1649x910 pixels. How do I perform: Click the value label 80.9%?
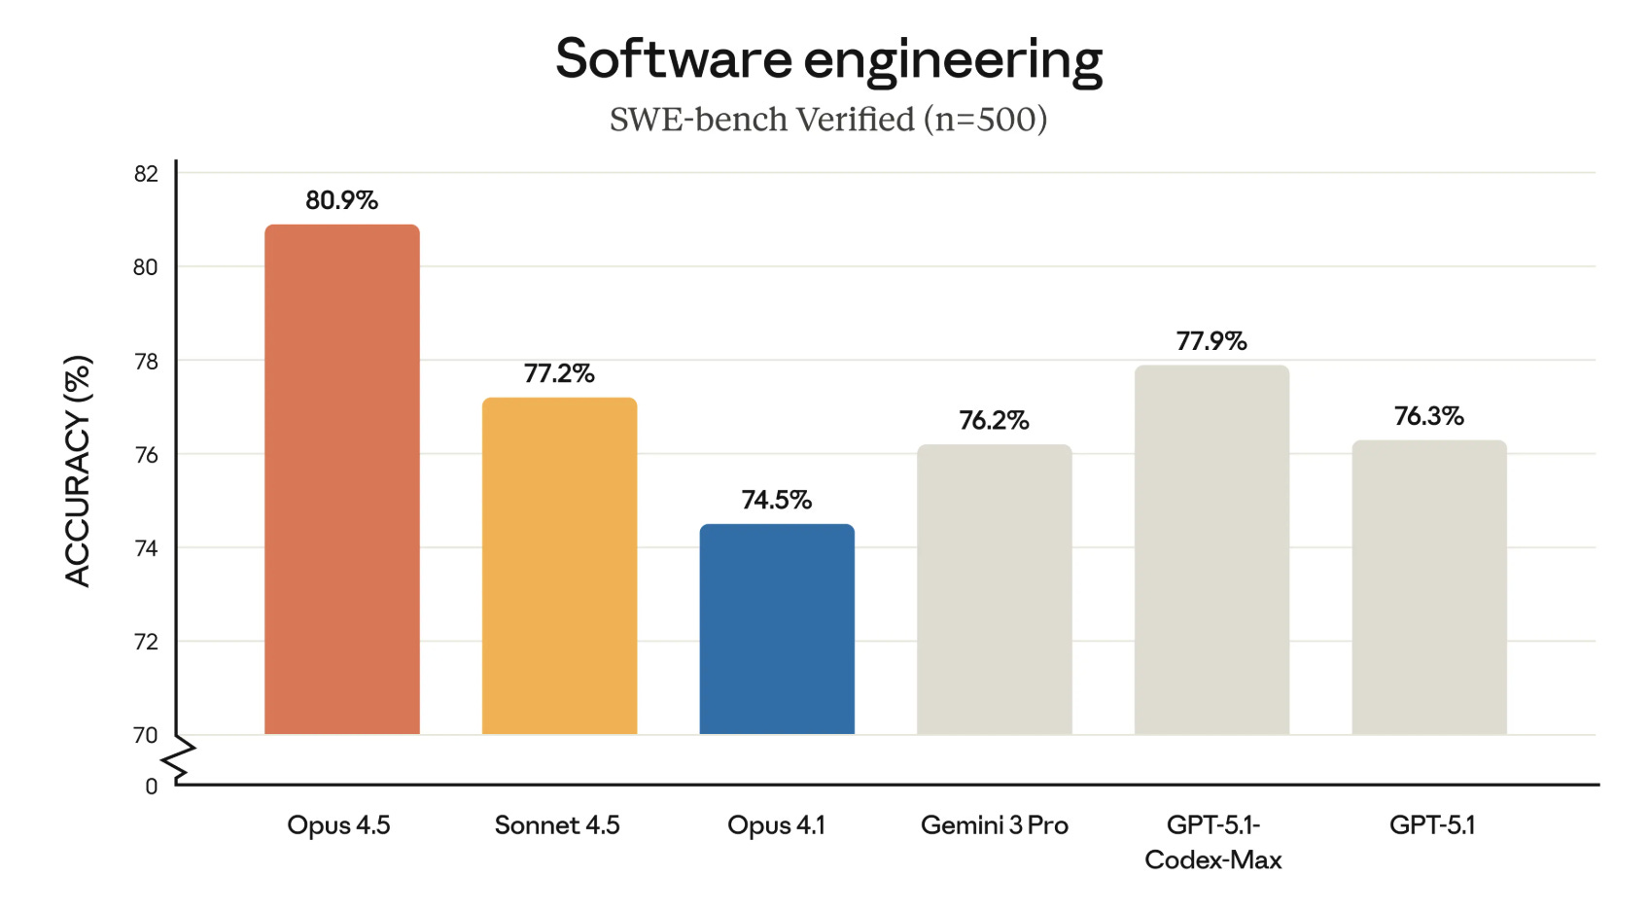(341, 200)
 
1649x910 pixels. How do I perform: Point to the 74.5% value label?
(776, 500)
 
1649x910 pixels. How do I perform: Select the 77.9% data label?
(1211, 341)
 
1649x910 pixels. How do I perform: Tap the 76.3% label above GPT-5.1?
(1428, 416)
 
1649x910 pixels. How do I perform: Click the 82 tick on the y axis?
(146, 174)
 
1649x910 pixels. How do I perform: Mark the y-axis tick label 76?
(146, 455)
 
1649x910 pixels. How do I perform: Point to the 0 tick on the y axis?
(152, 787)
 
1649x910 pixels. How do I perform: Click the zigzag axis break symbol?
(183, 760)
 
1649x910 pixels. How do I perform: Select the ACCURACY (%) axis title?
(78, 471)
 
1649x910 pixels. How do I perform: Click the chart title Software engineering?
(828, 59)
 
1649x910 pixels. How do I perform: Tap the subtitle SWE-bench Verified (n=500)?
(828, 120)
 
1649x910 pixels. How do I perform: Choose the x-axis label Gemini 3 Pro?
(994, 825)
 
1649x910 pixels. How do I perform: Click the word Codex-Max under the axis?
(1212, 860)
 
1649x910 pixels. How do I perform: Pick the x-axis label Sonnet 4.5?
(557, 825)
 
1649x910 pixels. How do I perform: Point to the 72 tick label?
(146, 643)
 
